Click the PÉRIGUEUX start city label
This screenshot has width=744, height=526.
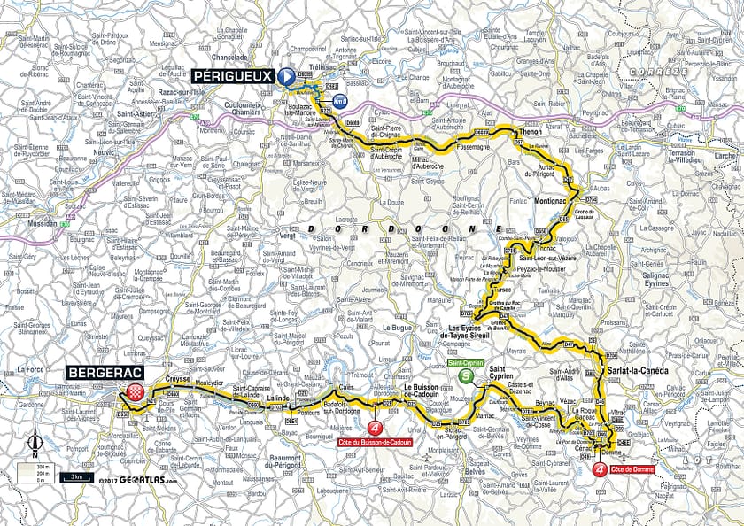click(x=232, y=77)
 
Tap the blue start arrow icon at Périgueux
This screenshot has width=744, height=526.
click(x=287, y=78)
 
